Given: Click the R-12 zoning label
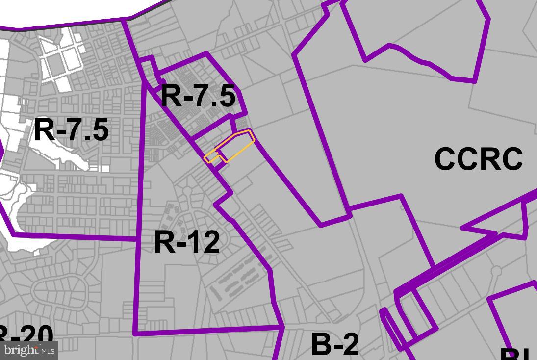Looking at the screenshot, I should coord(187,242).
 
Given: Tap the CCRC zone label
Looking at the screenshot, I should coord(478,159).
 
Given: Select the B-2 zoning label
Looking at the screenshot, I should coord(335,344).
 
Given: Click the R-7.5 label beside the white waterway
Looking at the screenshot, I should coord(71,130).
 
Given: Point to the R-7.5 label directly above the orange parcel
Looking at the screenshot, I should coord(198,96).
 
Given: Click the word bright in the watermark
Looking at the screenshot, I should coord(21,350).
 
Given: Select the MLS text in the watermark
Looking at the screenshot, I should coord(48,351).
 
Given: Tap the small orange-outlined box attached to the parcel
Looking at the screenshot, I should coord(212,156).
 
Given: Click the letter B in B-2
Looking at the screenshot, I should coord(321,344).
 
